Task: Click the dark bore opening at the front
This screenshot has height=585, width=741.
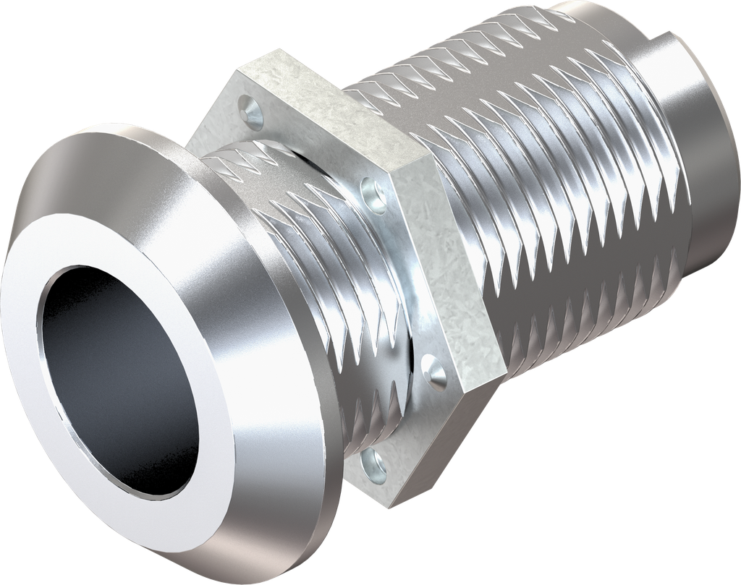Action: pos(109,376)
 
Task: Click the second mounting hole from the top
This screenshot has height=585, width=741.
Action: pos(377,195)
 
